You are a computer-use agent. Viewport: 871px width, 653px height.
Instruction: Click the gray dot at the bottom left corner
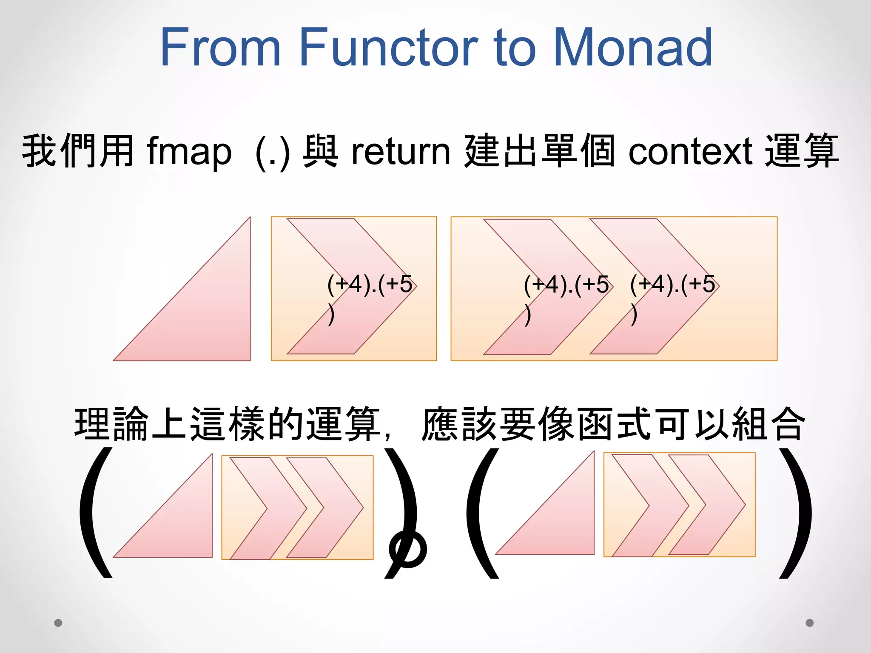(58, 623)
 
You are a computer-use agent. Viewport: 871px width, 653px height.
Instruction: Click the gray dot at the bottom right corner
(810, 623)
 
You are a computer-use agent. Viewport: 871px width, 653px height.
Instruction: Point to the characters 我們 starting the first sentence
(60, 151)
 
